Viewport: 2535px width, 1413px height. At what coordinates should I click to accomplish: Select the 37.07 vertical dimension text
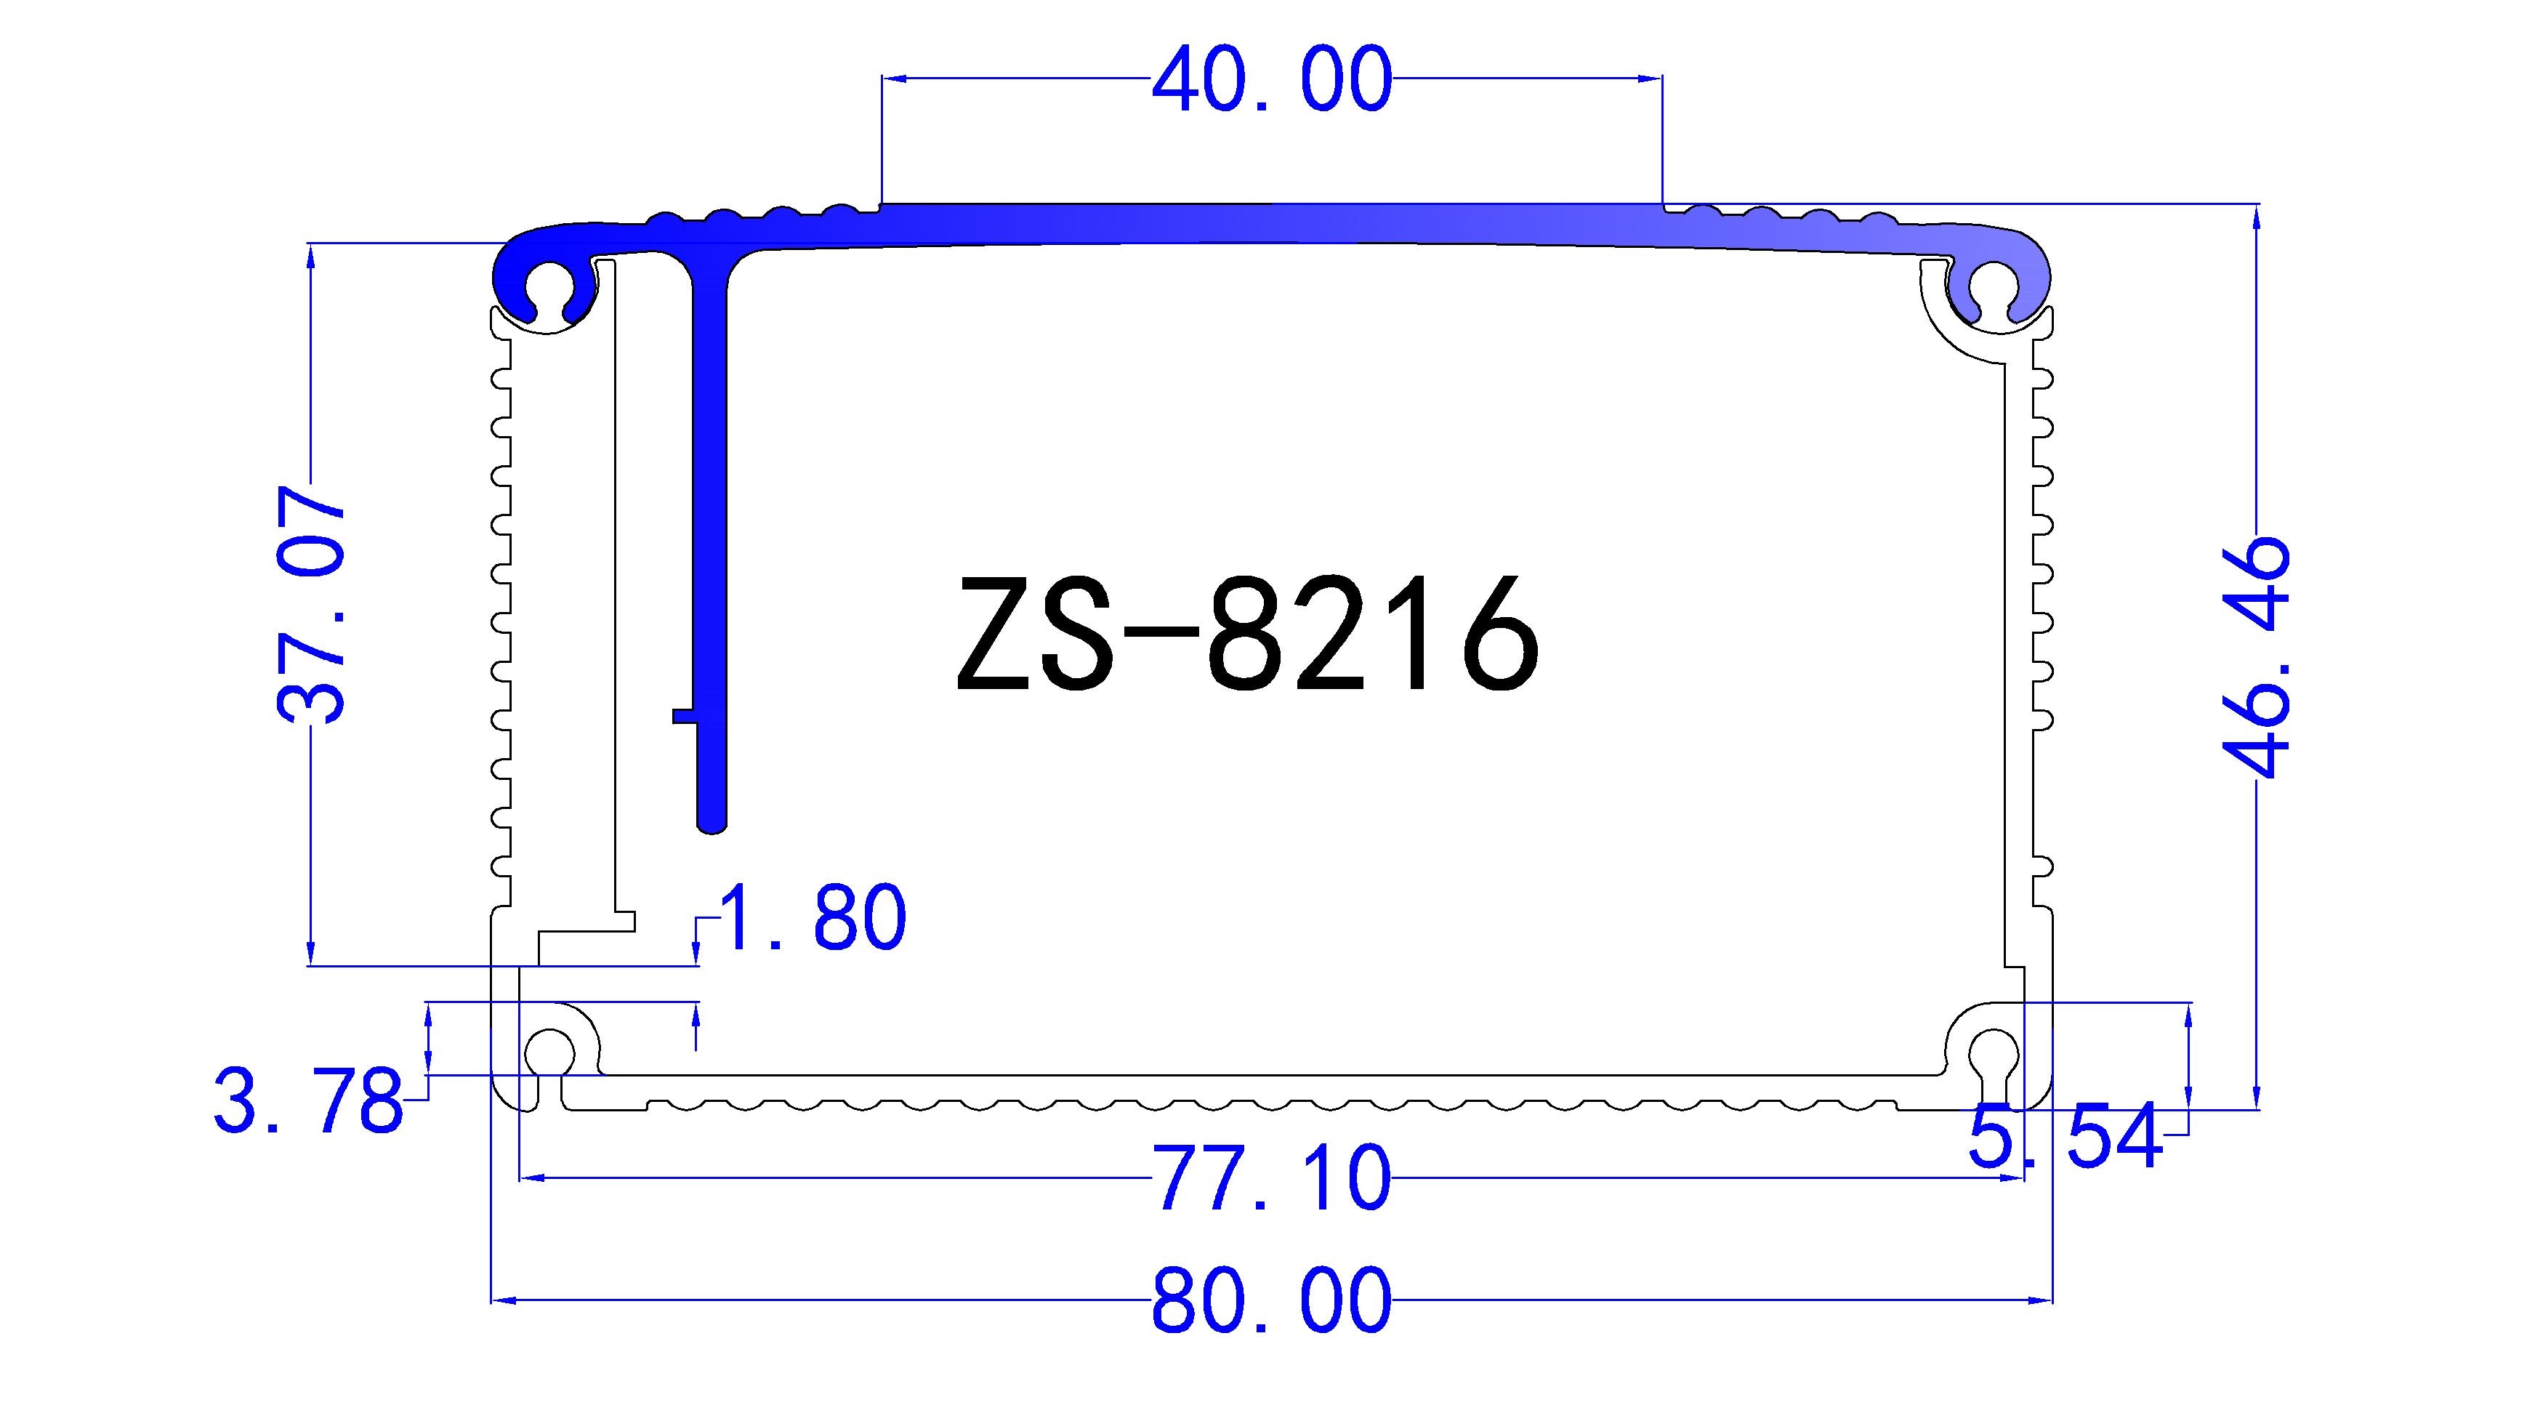[313, 604]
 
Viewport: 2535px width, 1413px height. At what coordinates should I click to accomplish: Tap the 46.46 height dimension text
[2255, 656]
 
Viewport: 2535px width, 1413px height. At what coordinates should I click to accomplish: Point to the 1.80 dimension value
[813, 917]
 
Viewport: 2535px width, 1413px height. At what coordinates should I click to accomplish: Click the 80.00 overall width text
[1271, 1301]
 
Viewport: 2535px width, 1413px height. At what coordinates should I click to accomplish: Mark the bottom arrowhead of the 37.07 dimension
[311, 954]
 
